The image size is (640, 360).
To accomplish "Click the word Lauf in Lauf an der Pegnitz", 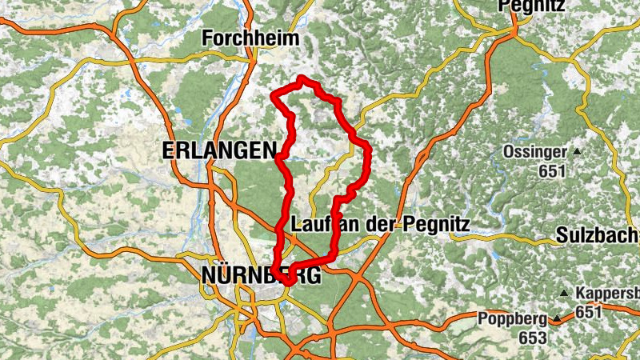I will pos(310,224).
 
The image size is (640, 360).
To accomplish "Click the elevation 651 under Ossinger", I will pos(552,170).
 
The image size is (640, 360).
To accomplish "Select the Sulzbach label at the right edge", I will pos(597,237).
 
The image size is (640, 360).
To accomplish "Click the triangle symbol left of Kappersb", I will pos(566,293).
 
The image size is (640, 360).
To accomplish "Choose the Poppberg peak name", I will pos(512,318).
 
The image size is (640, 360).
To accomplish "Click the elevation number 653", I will pos(531,338).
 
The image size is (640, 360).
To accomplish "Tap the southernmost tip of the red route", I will pos(286,282).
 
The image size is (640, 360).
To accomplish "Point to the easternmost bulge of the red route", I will pos(369,152).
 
